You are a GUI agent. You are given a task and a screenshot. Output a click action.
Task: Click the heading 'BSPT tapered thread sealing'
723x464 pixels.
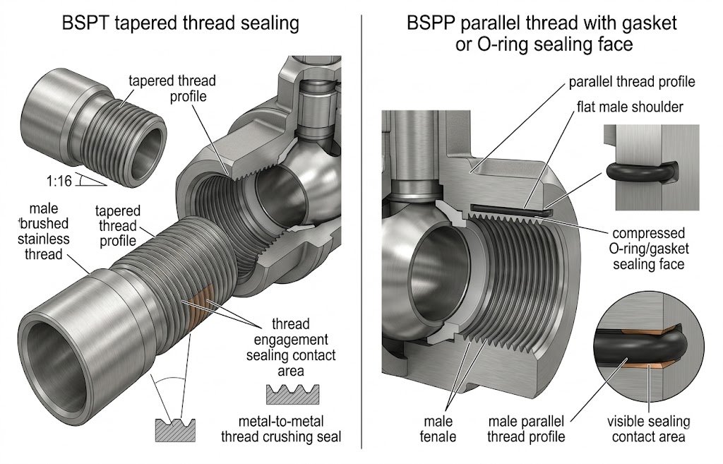(x=180, y=23)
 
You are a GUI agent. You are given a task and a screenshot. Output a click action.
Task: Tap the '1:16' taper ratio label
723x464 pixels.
(x=59, y=180)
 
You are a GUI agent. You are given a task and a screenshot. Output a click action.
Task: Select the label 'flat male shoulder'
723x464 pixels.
(x=630, y=107)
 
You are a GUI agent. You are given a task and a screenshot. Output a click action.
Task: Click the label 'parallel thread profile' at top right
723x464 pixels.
(x=632, y=82)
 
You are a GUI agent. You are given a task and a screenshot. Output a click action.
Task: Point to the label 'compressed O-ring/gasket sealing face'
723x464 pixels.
(x=649, y=249)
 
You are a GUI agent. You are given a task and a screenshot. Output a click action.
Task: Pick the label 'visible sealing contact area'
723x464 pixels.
(x=648, y=429)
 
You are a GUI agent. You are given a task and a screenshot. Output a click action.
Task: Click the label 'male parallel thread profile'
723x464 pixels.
(x=526, y=429)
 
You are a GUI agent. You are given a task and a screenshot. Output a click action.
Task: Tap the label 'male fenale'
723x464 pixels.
(x=438, y=429)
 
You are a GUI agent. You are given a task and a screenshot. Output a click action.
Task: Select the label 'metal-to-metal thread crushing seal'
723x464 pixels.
(x=281, y=429)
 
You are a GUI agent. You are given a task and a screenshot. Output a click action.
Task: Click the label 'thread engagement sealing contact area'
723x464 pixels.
(x=291, y=347)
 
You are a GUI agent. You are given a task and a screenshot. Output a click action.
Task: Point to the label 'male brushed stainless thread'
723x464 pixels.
(x=43, y=232)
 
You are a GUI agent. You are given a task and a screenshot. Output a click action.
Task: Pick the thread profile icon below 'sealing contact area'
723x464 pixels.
(x=292, y=395)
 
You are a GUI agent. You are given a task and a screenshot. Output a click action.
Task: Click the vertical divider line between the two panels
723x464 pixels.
(x=361, y=231)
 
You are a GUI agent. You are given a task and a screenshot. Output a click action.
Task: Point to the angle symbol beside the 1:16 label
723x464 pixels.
(x=90, y=180)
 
